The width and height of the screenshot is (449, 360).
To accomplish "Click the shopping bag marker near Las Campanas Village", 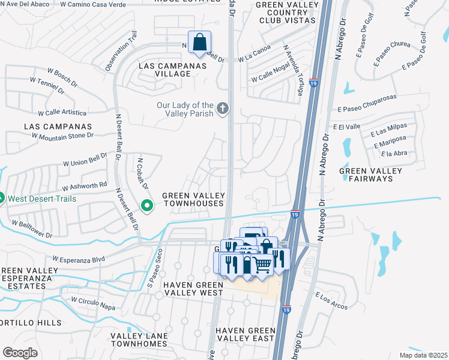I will tap(200, 43).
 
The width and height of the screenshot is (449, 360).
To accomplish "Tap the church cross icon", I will tap(223, 109).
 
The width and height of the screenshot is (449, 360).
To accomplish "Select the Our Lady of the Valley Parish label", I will tap(185, 109).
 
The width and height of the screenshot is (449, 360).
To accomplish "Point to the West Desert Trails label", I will tap(41, 198).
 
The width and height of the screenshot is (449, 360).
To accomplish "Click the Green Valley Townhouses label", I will tap(193, 199).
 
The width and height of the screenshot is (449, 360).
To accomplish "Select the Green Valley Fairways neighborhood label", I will tap(370, 175).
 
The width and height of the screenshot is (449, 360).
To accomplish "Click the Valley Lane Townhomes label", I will tap(138, 340).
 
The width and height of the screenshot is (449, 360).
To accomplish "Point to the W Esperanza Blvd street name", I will tap(78, 259).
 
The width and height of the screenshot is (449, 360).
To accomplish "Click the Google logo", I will tap(20, 352).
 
